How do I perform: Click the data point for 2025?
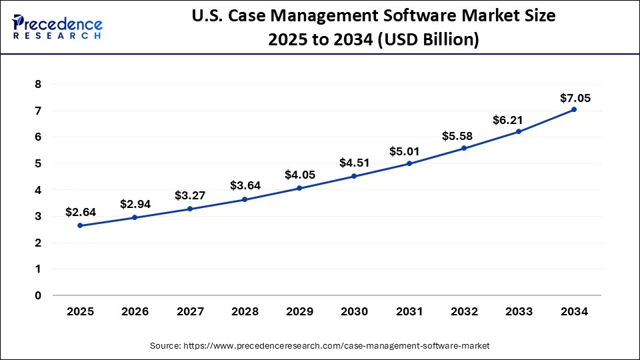[x=81, y=225]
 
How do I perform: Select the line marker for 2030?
[x=354, y=176]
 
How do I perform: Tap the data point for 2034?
[x=574, y=109]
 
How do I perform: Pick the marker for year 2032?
[x=464, y=148]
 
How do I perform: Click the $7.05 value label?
[x=575, y=99]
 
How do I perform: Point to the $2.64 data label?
[x=81, y=212]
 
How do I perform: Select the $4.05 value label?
[x=300, y=175]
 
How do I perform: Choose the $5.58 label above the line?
[x=457, y=136]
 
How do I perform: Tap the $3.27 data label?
[x=190, y=195]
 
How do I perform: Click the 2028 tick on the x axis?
[x=245, y=311]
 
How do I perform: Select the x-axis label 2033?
[x=519, y=311]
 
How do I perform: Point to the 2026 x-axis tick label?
[x=135, y=311]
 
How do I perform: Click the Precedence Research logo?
[x=57, y=27]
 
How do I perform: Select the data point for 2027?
[x=190, y=209]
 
